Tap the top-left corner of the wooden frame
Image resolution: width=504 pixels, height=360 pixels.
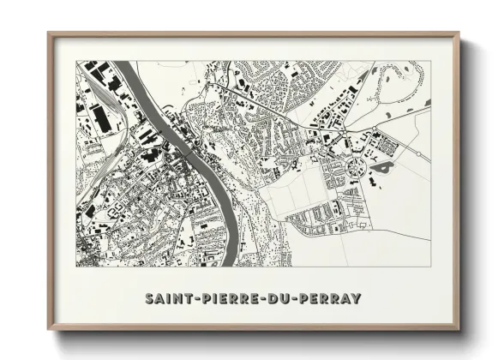tap(49, 33)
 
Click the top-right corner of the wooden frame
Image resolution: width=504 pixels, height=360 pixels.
tap(459, 33)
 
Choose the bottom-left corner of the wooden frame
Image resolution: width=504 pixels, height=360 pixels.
tap(49, 330)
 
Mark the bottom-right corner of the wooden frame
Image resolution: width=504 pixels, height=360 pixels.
tap(459, 330)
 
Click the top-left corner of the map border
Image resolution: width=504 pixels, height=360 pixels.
tap(76, 61)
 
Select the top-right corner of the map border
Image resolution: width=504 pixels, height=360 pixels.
tap(431, 61)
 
